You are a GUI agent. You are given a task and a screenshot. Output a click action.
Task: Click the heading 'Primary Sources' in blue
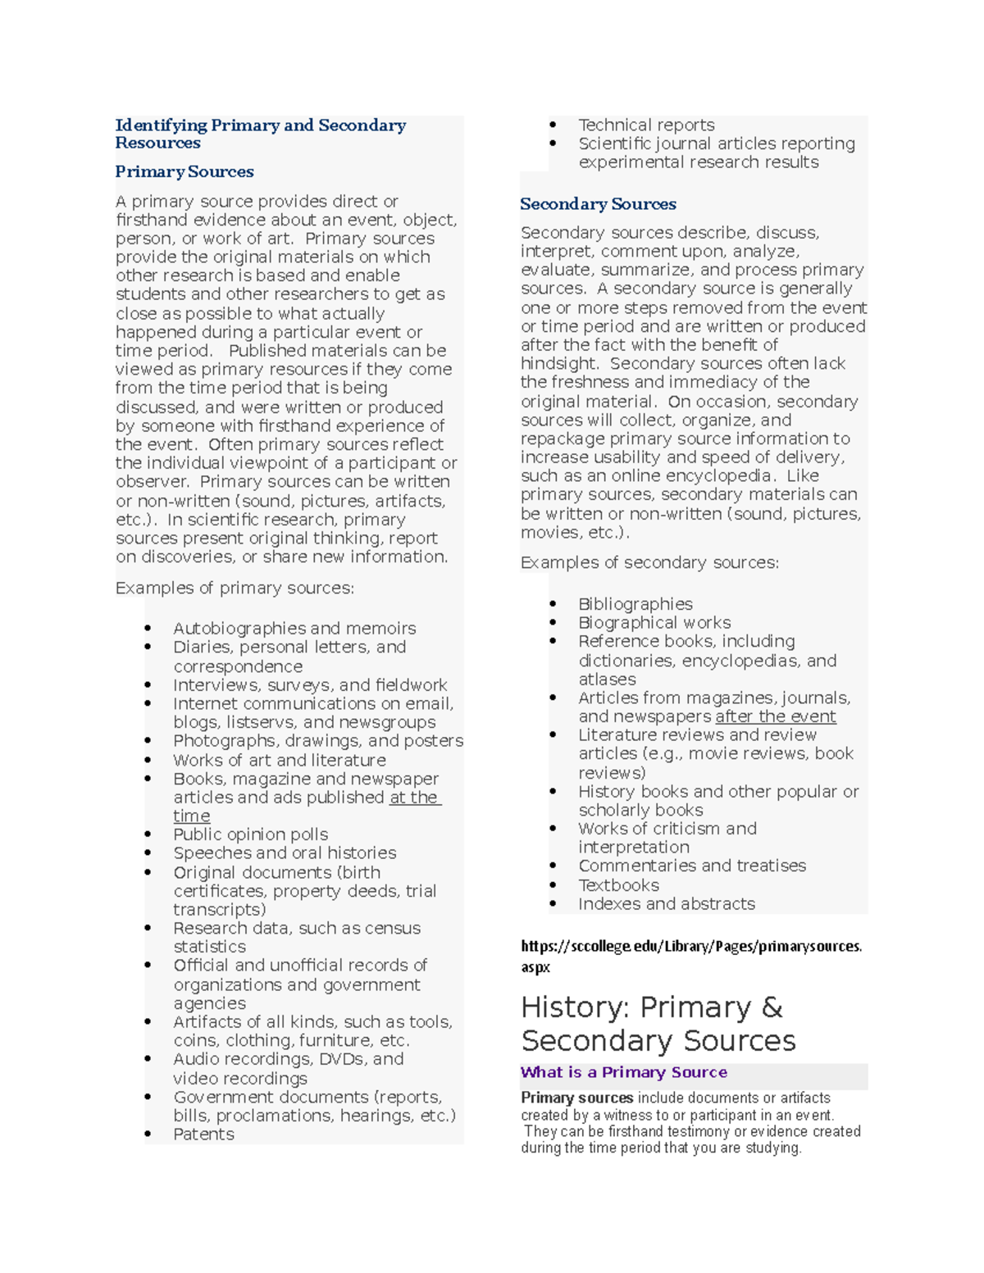pyautogui.click(x=184, y=171)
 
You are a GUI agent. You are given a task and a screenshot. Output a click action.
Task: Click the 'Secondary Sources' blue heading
pyautogui.click(x=598, y=204)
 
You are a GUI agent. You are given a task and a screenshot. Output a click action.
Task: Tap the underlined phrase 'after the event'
pyautogui.click(x=775, y=716)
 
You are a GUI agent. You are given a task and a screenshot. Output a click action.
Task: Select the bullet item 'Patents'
pyautogui.click(x=203, y=1134)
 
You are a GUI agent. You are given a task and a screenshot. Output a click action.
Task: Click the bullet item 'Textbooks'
pyautogui.click(x=618, y=885)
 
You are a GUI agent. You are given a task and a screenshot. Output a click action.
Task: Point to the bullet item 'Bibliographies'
pyautogui.click(x=635, y=604)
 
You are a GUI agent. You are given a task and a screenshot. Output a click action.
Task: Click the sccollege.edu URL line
pyautogui.click(x=691, y=947)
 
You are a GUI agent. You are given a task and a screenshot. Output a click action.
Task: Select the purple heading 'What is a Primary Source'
pyautogui.click(x=623, y=1072)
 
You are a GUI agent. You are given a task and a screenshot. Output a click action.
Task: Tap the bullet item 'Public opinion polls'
pyautogui.click(x=250, y=834)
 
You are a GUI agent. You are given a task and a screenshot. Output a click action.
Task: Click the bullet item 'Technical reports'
pyautogui.click(x=646, y=125)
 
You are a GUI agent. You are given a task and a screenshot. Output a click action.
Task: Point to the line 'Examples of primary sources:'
pyautogui.click(x=235, y=588)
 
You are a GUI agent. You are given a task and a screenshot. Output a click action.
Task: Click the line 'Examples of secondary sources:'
pyautogui.click(x=649, y=562)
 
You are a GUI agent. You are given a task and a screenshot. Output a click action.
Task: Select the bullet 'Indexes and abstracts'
pyautogui.click(x=666, y=904)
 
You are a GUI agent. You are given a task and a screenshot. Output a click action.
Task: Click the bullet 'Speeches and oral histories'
pyautogui.click(x=285, y=853)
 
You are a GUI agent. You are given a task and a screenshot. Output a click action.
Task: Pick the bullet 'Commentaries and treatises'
pyautogui.click(x=691, y=866)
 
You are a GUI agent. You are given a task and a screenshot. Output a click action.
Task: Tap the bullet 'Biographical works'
pyautogui.click(x=654, y=623)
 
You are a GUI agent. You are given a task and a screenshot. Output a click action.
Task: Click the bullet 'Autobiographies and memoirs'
pyautogui.click(x=294, y=629)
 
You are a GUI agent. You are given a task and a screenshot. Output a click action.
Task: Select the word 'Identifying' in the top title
pyautogui.click(x=161, y=125)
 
